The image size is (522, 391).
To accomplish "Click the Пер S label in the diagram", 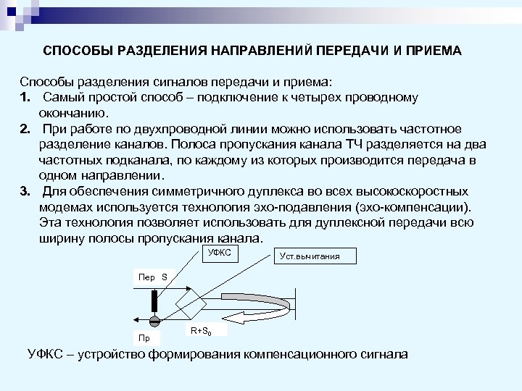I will click(x=153, y=277).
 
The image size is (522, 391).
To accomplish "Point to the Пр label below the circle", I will click(x=144, y=338).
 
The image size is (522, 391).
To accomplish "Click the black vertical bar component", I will click(x=154, y=301).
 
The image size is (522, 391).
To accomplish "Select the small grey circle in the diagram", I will click(x=154, y=321).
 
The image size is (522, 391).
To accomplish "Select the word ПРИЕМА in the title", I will click(x=432, y=53).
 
